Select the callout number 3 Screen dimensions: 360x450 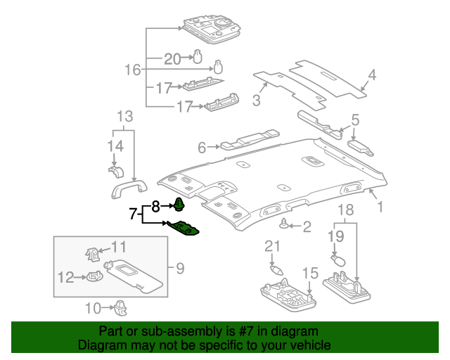(x=257, y=101)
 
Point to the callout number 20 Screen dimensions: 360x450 (x=172, y=58)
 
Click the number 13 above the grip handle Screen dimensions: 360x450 (x=124, y=116)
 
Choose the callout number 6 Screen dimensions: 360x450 (x=202, y=148)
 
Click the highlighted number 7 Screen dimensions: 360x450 (x=133, y=214)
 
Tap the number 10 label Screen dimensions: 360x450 (x=93, y=307)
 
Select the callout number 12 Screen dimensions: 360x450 (x=65, y=278)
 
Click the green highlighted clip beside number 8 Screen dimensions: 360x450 (x=179, y=205)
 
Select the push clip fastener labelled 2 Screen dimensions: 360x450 (x=285, y=225)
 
